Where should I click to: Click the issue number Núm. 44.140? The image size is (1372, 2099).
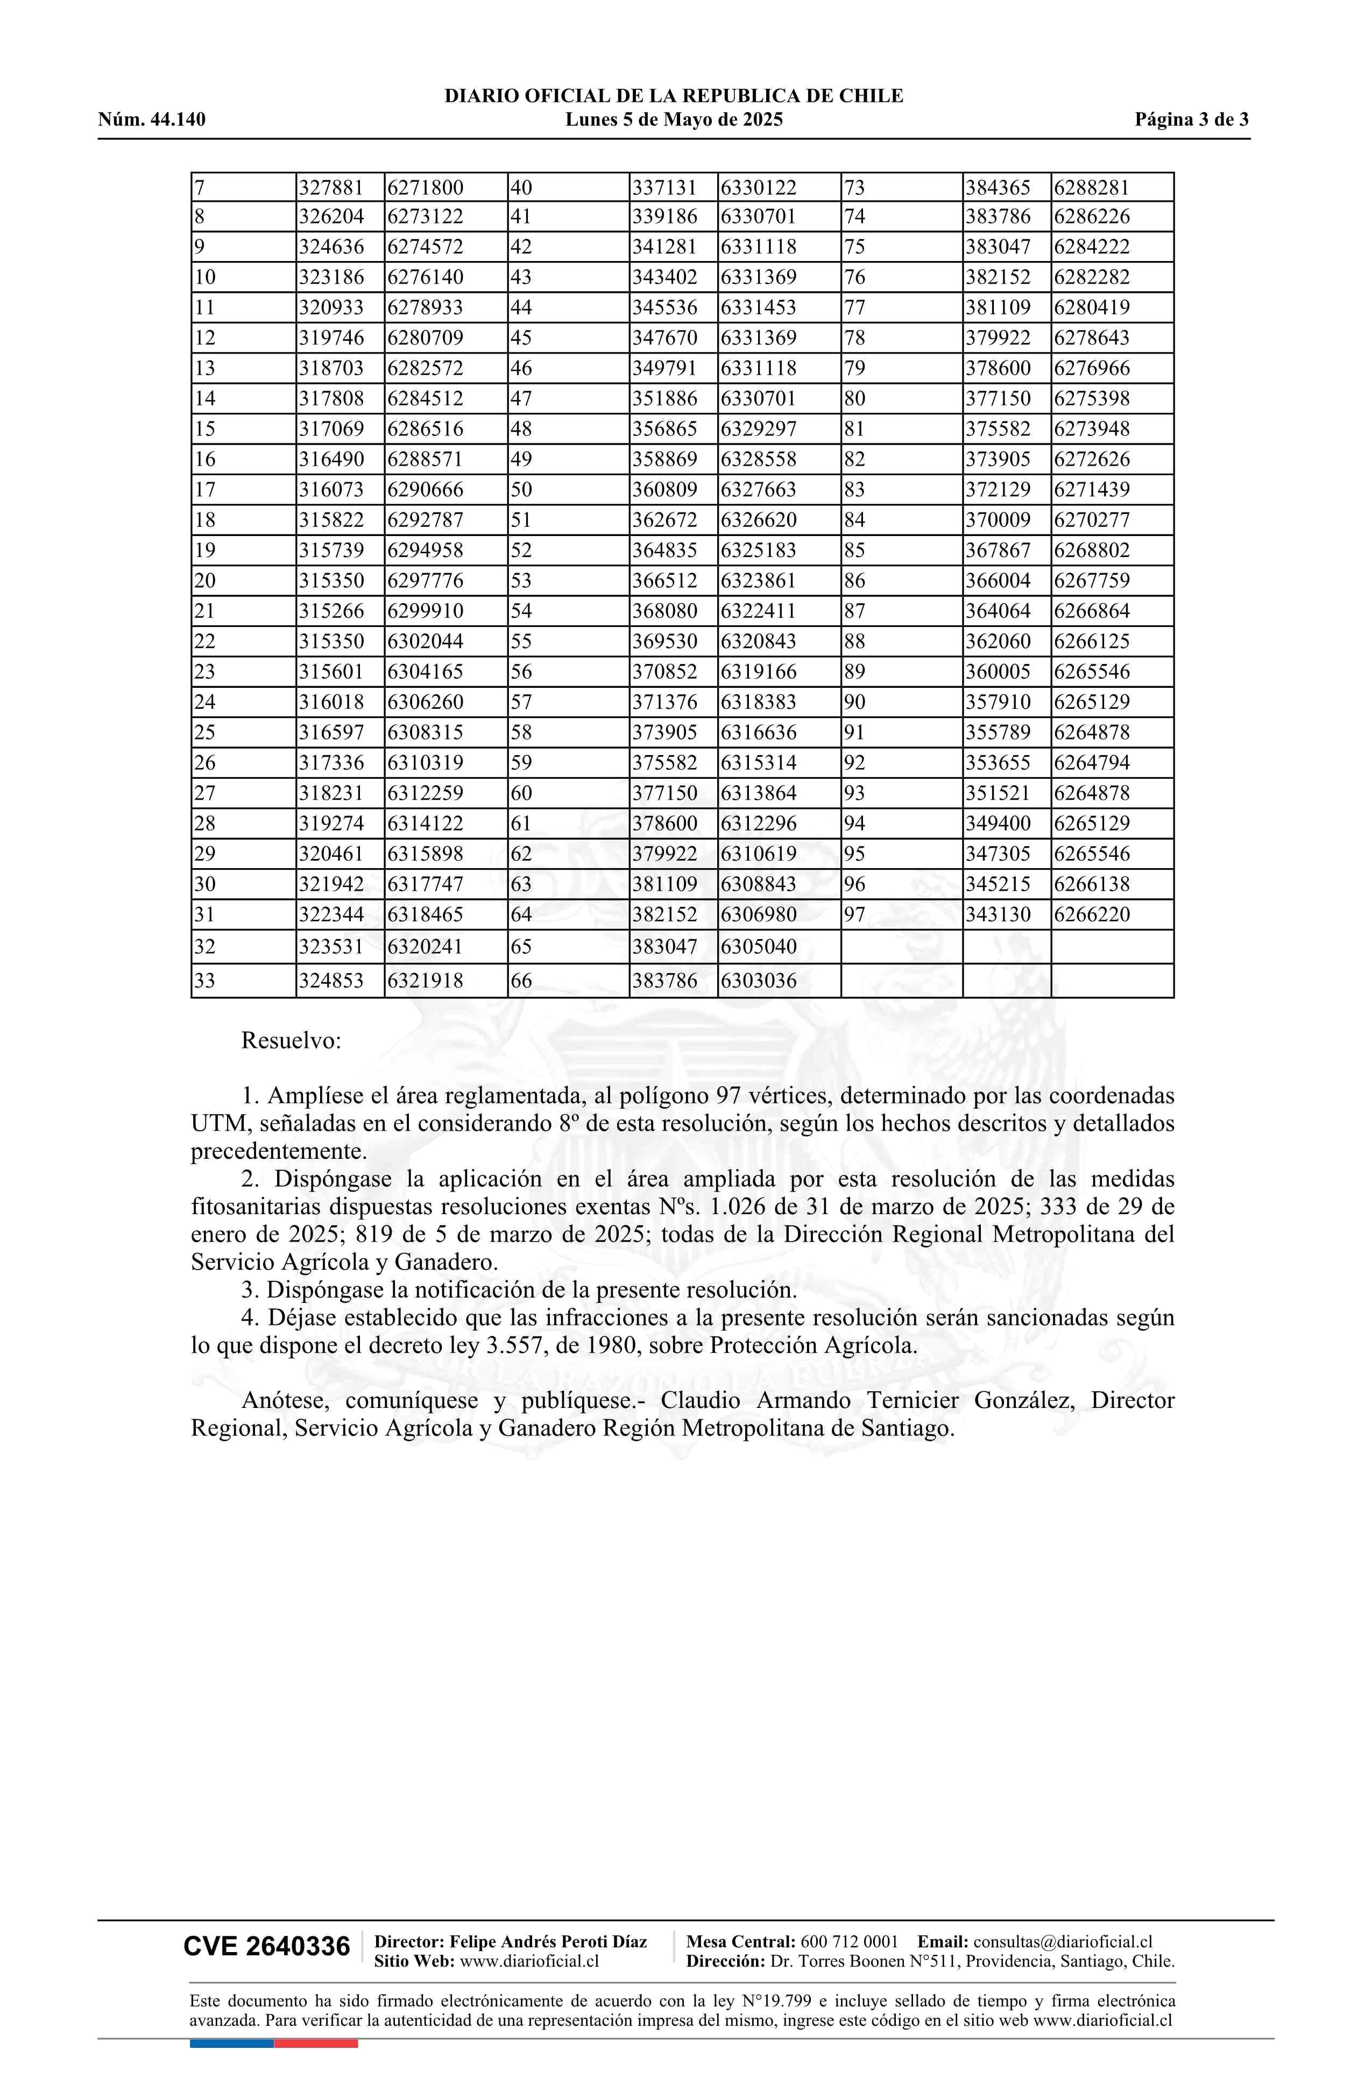[x=152, y=120]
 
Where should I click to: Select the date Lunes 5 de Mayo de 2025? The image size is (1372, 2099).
[x=674, y=120]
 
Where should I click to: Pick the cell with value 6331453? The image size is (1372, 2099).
[x=758, y=308]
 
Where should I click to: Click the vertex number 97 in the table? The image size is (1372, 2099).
[x=854, y=914]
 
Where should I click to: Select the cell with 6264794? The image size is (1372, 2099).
[x=1092, y=763]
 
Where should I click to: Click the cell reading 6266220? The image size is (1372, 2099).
[x=1092, y=914]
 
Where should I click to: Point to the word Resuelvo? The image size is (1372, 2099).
[x=291, y=1041]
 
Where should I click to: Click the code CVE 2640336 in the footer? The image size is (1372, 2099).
[x=266, y=1947]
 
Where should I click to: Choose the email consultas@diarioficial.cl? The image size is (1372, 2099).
[x=1063, y=1941]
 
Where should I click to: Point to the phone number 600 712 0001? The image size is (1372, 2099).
[x=849, y=1941]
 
